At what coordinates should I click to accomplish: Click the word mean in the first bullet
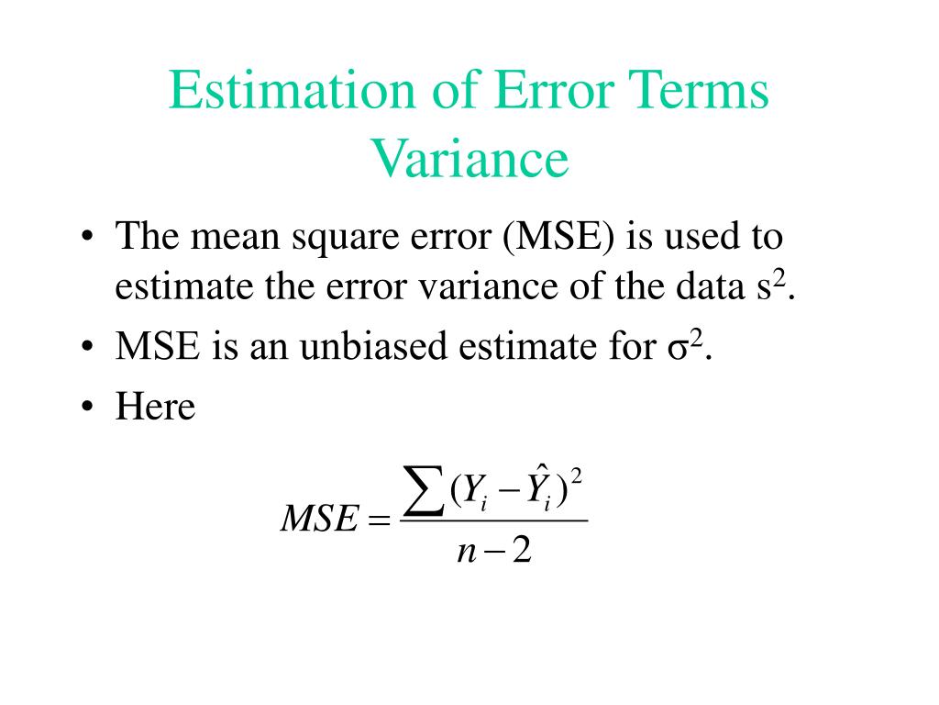pyautogui.click(x=236, y=238)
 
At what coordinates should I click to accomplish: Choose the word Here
pyautogui.click(x=155, y=406)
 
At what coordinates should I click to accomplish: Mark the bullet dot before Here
pyautogui.click(x=86, y=408)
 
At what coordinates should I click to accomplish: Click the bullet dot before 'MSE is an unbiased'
pyautogui.click(x=86, y=349)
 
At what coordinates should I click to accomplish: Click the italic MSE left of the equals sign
pyautogui.click(x=317, y=521)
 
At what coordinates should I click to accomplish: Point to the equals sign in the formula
pyautogui.click(x=377, y=522)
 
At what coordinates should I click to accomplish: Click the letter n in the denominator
pyautogui.click(x=465, y=553)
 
